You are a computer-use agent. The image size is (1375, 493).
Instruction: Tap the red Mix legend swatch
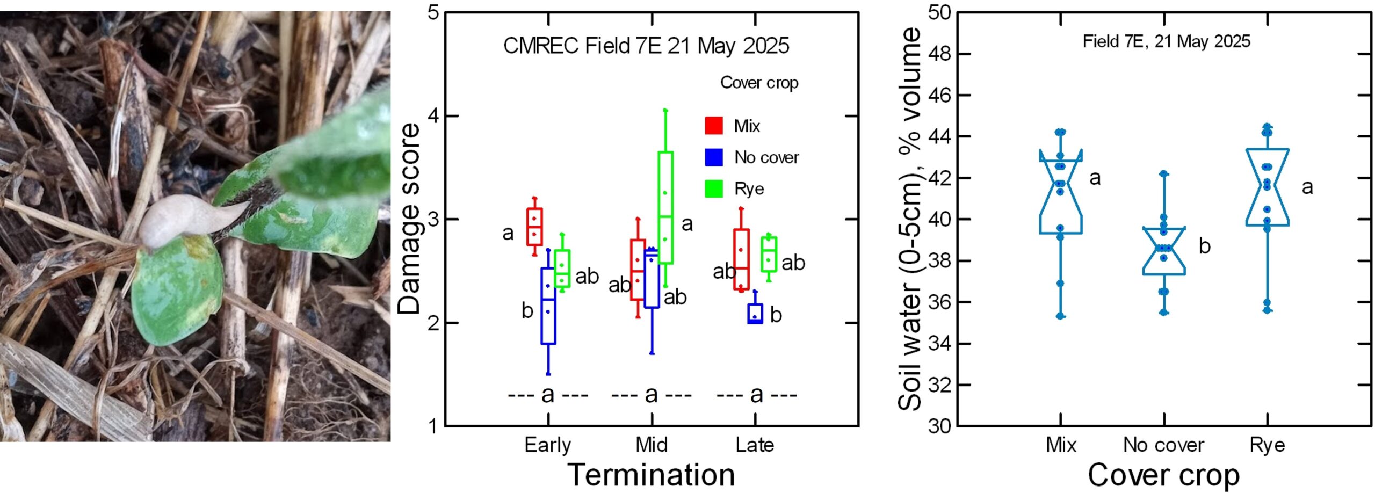pos(714,125)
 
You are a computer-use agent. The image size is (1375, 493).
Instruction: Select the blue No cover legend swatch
pos(714,157)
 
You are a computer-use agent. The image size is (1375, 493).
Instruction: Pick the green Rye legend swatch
pos(714,189)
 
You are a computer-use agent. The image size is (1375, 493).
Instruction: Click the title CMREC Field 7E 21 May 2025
pos(646,46)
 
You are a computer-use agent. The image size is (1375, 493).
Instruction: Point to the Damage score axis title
pos(409,219)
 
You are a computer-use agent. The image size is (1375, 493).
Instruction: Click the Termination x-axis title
pos(651,475)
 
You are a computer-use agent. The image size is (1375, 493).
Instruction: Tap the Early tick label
pos(548,445)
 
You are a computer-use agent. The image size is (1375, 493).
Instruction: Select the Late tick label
pos(755,445)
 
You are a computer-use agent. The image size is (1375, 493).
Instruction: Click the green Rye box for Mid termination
pos(665,208)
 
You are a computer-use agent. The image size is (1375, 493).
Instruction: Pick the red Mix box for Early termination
pos(534,227)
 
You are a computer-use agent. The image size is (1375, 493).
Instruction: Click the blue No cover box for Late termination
pos(755,313)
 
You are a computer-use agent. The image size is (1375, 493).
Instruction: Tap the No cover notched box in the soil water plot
pos(1164,251)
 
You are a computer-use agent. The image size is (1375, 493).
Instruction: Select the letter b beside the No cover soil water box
pos(1205,246)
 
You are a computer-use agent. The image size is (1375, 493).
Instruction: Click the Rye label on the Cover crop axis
pos(1268,445)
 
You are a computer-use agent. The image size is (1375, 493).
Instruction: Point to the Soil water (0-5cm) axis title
pos(910,219)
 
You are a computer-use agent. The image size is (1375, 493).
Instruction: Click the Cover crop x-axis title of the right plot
pos(1164,475)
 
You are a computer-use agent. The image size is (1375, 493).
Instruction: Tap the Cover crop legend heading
pos(759,83)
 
